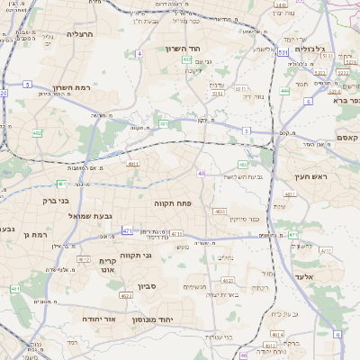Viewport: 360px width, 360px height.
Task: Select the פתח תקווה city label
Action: click(168, 203)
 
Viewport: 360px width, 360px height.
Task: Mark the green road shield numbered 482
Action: click(244, 165)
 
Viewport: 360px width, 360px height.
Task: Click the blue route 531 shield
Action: click(283, 53)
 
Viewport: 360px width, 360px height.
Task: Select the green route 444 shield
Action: click(284, 90)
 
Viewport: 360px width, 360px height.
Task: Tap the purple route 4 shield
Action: click(140, 54)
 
